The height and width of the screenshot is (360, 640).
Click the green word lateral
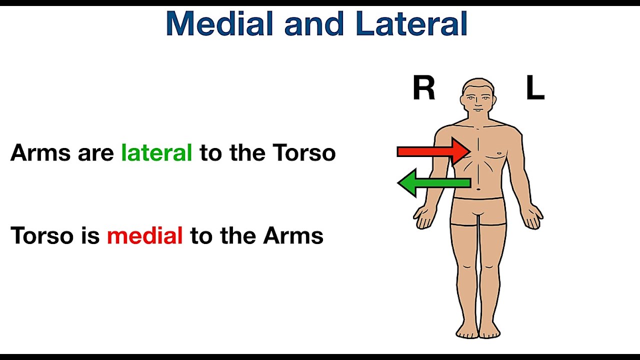click(156, 152)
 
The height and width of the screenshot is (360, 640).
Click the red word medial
click(144, 235)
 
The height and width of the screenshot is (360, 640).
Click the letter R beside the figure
click(423, 89)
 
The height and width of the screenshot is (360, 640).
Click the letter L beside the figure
click(534, 89)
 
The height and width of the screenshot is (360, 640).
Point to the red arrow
click(433, 151)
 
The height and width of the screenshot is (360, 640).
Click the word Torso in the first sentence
click(304, 152)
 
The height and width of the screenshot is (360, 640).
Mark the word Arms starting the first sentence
click(40, 152)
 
